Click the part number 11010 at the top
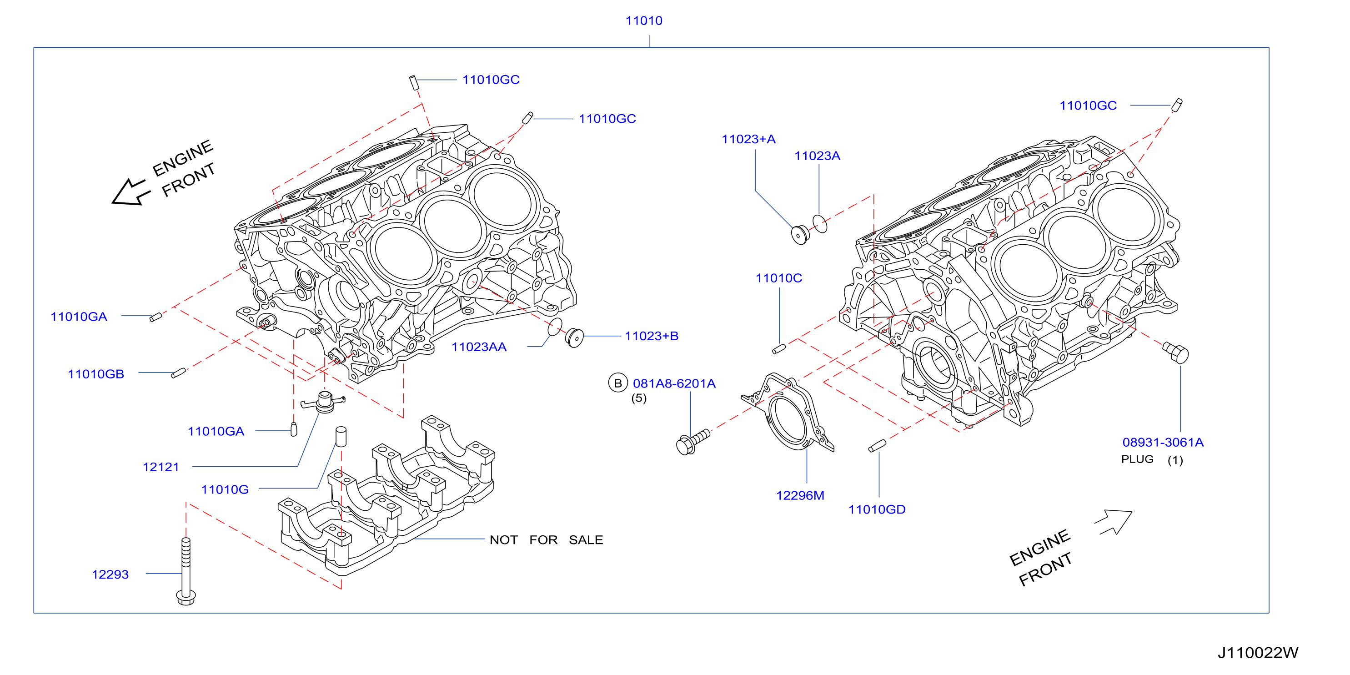coord(643,21)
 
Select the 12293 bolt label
coord(110,574)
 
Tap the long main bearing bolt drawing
coord(186,571)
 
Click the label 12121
coord(161,467)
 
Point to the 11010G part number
coord(225,489)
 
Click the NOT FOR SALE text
coord(546,540)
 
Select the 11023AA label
coord(479,347)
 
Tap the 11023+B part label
coord(652,336)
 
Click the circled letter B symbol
coord(618,383)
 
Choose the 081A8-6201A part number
coord(674,383)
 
